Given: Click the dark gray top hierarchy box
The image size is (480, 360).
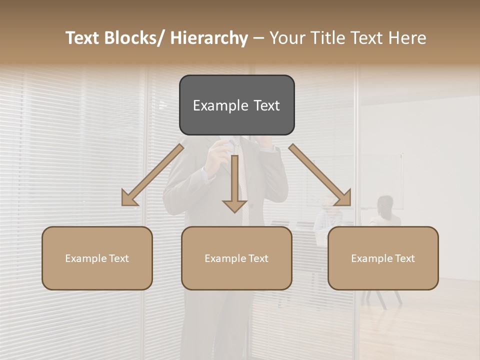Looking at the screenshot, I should click(x=236, y=105).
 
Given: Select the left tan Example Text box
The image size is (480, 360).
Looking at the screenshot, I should click(x=97, y=258).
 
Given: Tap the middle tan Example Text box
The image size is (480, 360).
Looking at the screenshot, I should click(x=236, y=258).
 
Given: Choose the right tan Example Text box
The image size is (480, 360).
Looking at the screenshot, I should click(x=383, y=258).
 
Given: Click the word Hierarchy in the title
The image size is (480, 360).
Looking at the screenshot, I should click(x=209, y=38).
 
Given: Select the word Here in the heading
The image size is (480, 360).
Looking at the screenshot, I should click(x=408, y=38).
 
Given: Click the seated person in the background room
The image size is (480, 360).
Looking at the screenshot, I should click(x=385, y=212).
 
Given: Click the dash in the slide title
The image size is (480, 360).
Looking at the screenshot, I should click(x=258, y=38).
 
